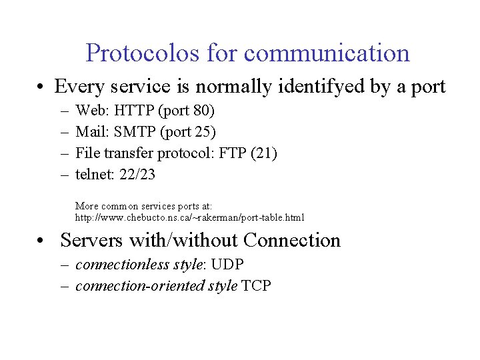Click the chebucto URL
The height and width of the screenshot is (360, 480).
(x=189, y=217)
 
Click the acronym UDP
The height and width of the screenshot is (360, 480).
(x=227, y=264)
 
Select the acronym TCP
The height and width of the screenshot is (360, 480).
(x=257, y=286)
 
